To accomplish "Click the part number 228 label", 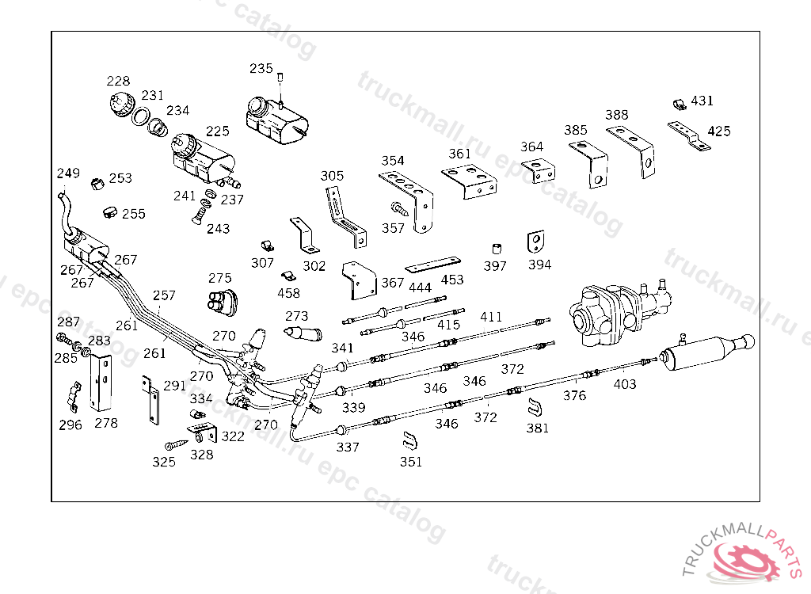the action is click(118, 81).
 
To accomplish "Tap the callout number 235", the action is click(261, 68).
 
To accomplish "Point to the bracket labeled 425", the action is click(689, 135).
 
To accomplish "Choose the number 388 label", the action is click(616, 114).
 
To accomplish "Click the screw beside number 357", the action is click(400, 208).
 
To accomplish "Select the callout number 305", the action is click(332, 176).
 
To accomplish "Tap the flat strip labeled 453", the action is click(433, 265).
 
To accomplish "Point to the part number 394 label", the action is click(539, 265).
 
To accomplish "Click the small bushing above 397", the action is click(497, 249).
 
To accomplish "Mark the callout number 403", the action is click(624, 384).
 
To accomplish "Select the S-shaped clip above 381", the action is click(535, 407).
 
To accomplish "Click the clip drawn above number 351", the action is click(409, 441).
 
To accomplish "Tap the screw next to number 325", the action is click(177, 445).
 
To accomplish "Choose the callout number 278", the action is click(106, 423).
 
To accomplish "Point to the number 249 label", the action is click(68, 173).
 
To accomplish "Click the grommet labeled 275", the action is click(223, 302).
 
